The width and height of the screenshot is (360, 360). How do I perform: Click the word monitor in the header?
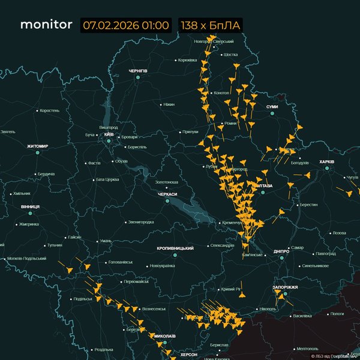(x=46, y=25)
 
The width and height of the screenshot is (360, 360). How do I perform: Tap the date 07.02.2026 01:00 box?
(x=126, y=26)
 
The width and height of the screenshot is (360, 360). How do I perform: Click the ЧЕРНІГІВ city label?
(x=138, y=71)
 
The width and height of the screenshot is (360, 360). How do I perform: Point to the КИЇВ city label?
(x=109, y=134)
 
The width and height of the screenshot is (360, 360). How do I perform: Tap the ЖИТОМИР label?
(x=37, y=146)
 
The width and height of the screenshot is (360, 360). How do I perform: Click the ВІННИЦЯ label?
(x=30, y=206)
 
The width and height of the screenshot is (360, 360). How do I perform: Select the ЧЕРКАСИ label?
(x=167, y=194)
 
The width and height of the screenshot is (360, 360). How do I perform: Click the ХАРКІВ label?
(x=327, y=162)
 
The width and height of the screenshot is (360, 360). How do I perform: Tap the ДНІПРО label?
(x=281, y=251)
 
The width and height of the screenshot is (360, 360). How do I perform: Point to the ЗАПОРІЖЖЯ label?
(x=285, y=287)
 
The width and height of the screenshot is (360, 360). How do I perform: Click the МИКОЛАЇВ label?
(x=164, y=336)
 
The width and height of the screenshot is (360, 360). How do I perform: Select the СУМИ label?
(x=272, y=106)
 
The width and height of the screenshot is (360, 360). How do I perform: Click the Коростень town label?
(x=49, y=110)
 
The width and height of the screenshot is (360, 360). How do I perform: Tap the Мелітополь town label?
(x=307, y=349)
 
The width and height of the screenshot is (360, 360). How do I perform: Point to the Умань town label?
(x=106, y=241)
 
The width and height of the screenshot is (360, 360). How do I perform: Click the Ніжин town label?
(x=169, y=104)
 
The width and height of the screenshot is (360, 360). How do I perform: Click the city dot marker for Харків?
(x=328, y=169)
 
